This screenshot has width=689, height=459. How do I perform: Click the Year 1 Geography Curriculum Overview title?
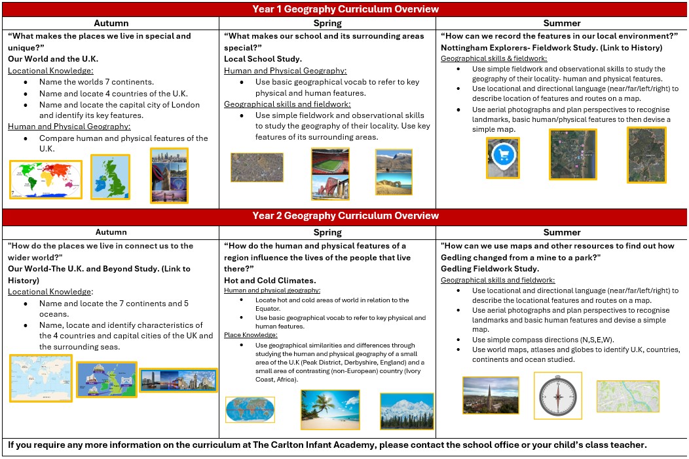tap(345, 9)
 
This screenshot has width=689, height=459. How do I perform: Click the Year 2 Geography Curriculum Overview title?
tap(345, 216)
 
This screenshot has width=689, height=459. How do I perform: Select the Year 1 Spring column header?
tap(327, 24)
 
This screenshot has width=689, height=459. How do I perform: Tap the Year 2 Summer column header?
tap(562, 232)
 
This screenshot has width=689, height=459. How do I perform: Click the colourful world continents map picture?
tap(45, 179)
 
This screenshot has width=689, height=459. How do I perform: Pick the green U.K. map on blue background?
tap(110, 177)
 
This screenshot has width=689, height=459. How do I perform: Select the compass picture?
tap(557, 395)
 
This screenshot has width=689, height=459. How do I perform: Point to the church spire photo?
tap(491, 395)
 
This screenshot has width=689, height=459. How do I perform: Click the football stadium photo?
tap(330, 161)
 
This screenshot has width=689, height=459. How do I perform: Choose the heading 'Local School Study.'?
tap(263, 59)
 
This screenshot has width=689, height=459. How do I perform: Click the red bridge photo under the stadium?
tap(330, 188)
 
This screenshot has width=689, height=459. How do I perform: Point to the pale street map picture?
tap(627, 396)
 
